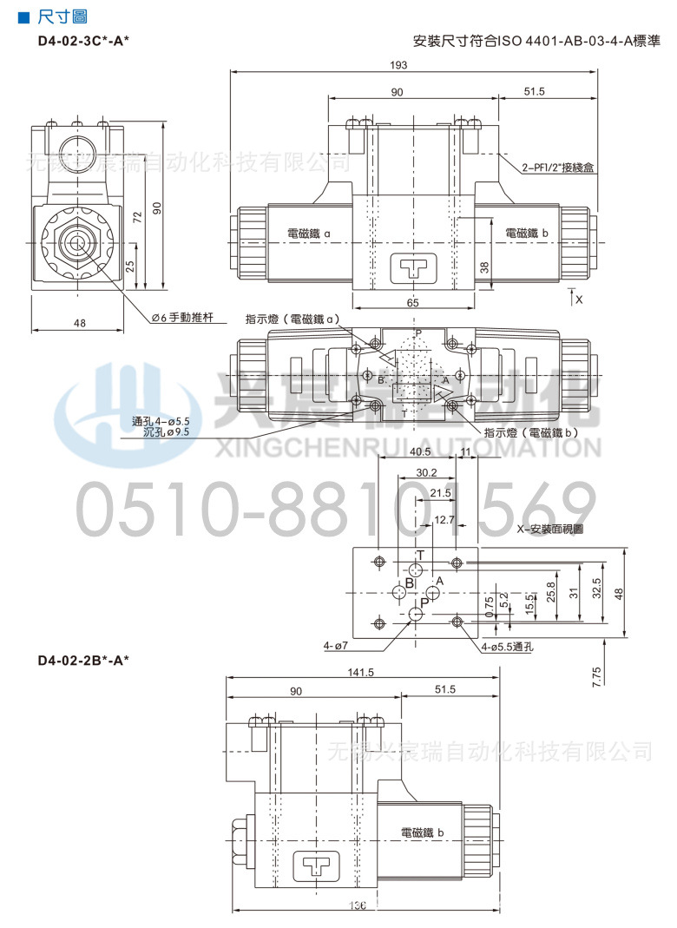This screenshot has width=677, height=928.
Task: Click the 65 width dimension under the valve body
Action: [412, 302]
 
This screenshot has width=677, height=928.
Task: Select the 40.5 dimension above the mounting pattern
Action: [421, 452]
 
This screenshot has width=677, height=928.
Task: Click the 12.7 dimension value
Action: [444, 519]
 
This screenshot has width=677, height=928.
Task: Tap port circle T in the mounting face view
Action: [417, 569]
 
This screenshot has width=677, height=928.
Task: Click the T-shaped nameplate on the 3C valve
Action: [412, 267]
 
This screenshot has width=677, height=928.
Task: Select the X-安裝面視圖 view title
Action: [550, 529]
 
